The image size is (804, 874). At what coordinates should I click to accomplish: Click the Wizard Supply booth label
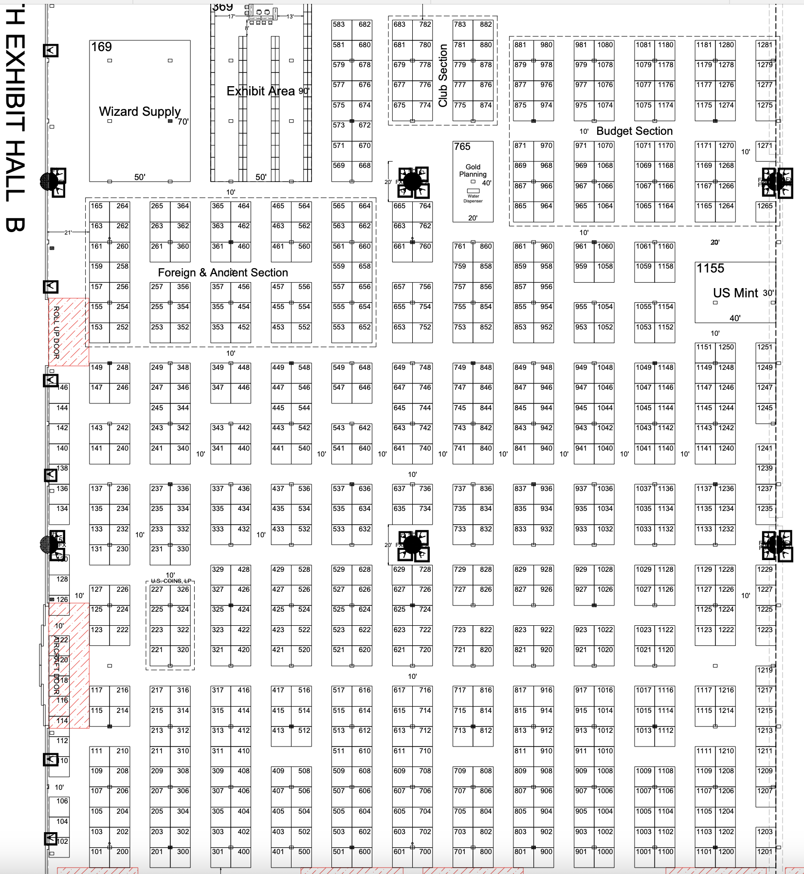[x=140, y=111]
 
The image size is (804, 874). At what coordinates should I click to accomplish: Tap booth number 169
[x=101, y=47]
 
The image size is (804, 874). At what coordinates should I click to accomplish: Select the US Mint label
[x=735, y=293]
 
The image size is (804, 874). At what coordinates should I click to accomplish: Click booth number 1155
[x=710, y=269]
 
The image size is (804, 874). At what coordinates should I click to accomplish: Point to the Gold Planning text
[x=473, y=170]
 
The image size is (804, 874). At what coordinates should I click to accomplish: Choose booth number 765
[x=462, y=146]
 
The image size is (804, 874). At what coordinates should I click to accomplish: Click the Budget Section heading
[x=634, y=131]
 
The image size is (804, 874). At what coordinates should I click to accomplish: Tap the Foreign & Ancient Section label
[x=223, y=273]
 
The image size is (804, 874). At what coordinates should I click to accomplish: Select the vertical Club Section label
[x=443, y=75]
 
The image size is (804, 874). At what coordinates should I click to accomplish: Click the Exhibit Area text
[x=261, y=91]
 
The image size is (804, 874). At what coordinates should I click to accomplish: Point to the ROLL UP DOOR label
[x=56, y=332]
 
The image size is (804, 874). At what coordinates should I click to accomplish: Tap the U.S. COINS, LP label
[x=171, y=581]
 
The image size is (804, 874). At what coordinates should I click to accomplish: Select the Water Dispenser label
[x=473, y=199]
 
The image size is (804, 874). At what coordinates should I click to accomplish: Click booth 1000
[x=605, y=852]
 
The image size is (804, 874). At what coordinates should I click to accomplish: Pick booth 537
[x=339, y=489]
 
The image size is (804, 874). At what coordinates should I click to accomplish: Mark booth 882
[x=485, y=24]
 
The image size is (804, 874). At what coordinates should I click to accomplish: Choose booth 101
[x=97, y=852]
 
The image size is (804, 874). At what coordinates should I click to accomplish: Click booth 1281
[x=765, y=45]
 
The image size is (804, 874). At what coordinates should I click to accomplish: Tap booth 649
[x=400, y=367]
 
